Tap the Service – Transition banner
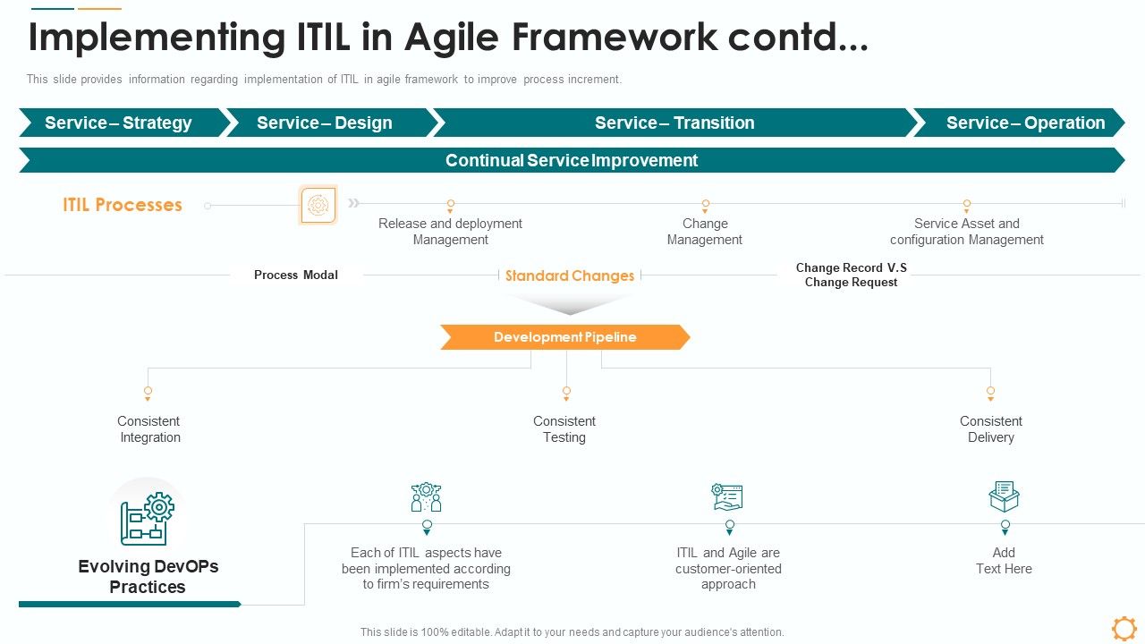coord(674,123)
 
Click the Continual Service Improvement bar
coord(571,160)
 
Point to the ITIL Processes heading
coord(123,205)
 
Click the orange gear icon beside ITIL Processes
coord(318,205)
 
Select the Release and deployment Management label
coord(450,232)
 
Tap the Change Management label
coord(705,232)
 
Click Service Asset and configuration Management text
coord(966,232)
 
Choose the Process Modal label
coord(296,275)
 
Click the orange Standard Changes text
coord(570,275)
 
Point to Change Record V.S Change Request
coord(851,275)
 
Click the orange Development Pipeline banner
coord(564,337)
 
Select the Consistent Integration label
coord(149,429)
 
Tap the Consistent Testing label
coord(564,429)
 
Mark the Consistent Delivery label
coord(991,429)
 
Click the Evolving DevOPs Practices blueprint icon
coord(147,518)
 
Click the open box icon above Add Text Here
coord(1004,496)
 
